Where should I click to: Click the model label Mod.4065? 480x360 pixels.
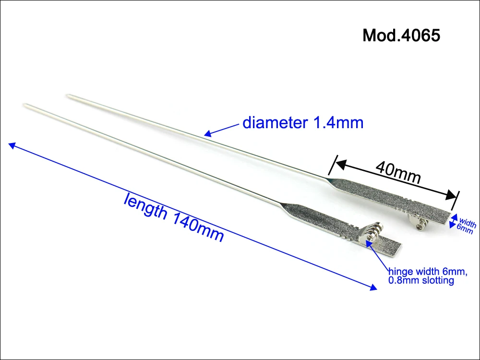click(x=401, y=35)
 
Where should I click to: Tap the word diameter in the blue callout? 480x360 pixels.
click(x=275, y=122)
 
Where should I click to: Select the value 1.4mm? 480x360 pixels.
click(x=337, y=123)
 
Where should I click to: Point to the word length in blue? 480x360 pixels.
click(x=145, y=206)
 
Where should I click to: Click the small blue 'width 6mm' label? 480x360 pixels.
click(x=466, y=226)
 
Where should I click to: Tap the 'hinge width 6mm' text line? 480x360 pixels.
click(x=428, y=271)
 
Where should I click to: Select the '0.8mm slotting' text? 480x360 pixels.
click(x=421, y=280)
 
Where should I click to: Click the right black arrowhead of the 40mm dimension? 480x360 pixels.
click(x=453, y=195)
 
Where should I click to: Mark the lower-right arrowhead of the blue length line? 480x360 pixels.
click(x=373, y=288)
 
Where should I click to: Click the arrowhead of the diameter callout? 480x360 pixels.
click(x=207, y=134)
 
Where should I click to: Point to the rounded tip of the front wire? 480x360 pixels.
click(x=24, y=105)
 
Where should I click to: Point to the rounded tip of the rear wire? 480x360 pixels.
click(x=68, y=96)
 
